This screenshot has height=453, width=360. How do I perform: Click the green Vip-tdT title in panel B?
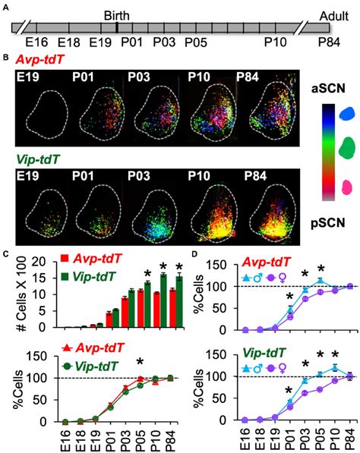(43, 161)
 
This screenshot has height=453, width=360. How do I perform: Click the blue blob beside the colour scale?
(349, 114)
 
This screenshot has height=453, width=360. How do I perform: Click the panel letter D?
(197, 254)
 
